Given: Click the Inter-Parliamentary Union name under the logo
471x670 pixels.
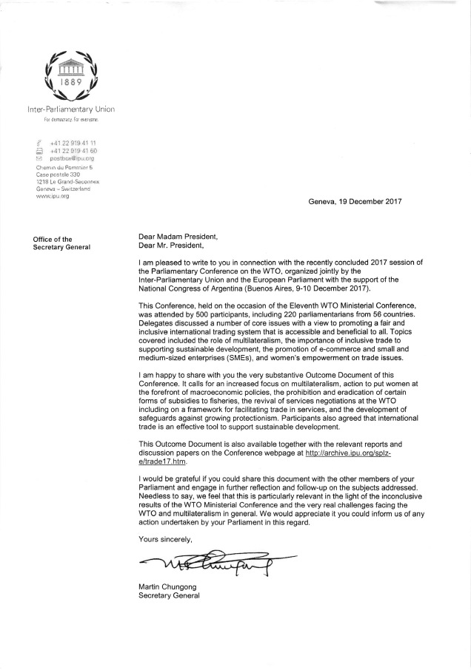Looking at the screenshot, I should pos(70,109).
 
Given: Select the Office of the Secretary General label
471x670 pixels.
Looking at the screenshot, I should pos(61,243).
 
